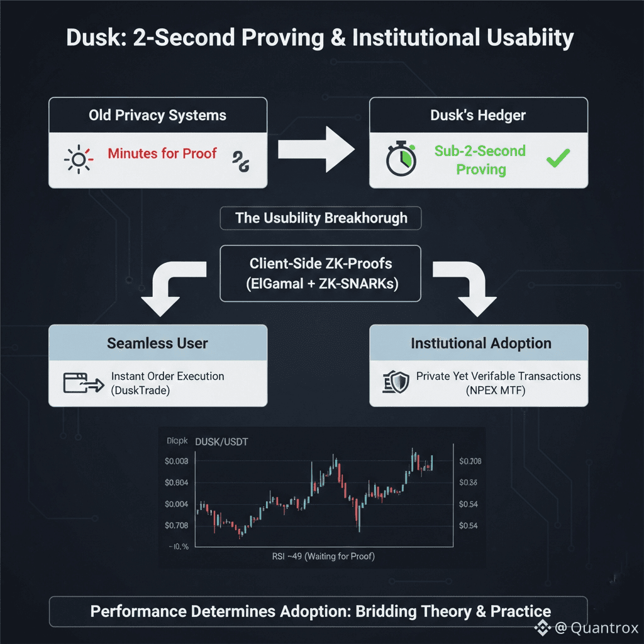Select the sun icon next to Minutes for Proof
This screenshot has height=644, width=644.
79,160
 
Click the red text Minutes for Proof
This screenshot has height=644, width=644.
162,153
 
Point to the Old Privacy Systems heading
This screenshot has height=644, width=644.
157,116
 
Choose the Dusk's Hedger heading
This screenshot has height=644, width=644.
478,116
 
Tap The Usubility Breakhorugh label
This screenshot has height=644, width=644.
321,218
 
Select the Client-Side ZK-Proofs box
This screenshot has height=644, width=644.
321,273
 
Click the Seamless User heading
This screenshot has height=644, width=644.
157,343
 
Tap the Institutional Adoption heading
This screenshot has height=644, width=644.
481,343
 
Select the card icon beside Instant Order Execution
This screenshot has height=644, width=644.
82,383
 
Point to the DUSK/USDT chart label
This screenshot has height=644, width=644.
222,442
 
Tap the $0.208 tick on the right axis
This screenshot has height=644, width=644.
470,462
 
